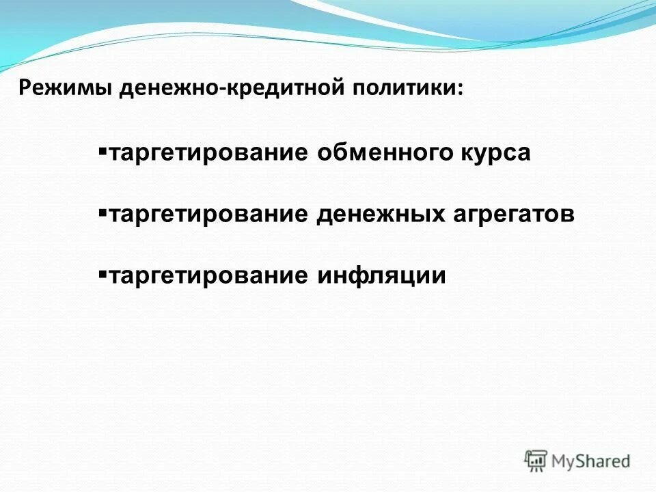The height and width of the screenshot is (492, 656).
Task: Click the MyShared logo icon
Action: [536, 460]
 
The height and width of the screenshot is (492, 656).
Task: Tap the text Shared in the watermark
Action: [605, 461]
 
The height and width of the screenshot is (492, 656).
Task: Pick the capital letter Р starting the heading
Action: [25, 90]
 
